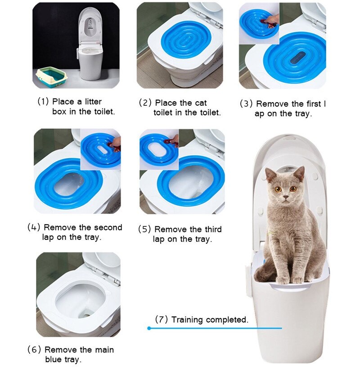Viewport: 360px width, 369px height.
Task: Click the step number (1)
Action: click(x=43, y=102)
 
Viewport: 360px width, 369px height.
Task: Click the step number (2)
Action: click(x=145, y=103)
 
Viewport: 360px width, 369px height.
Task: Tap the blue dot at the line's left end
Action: click(x=149, y=328)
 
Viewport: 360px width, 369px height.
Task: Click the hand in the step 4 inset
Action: click(x=116, y=144)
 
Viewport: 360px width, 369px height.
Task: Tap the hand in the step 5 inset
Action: click(x=173, y=140)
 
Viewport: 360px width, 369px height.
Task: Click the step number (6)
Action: click(x=35, y=350)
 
